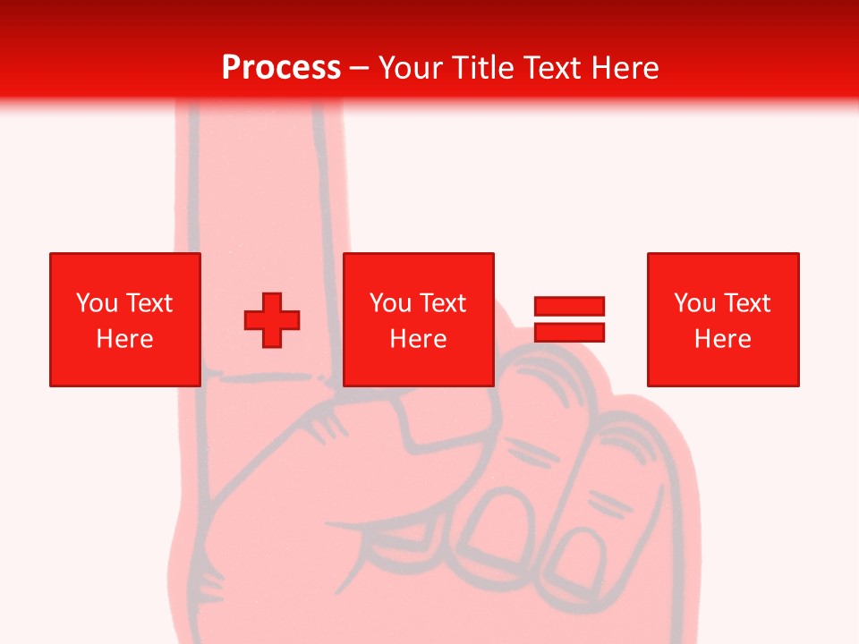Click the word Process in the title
tap(281, 68)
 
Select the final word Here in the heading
tap(625, 68)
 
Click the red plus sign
tap(272, 320)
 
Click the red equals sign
tap(569, 319)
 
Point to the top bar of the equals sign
tap(569, 307)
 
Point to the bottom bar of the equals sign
tap(569, 333)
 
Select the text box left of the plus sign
tap(124, 319)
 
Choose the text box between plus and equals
tap(418, 319)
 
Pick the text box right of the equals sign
tap(722, 319)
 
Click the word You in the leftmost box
tap(97, 303)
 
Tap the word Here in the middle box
tap(418, 339)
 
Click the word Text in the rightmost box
tap(746, 303)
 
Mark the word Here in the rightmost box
tap(722, 339)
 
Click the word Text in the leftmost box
tap(149, 303)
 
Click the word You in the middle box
tap(390, 303)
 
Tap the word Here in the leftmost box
tap(124, 339)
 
